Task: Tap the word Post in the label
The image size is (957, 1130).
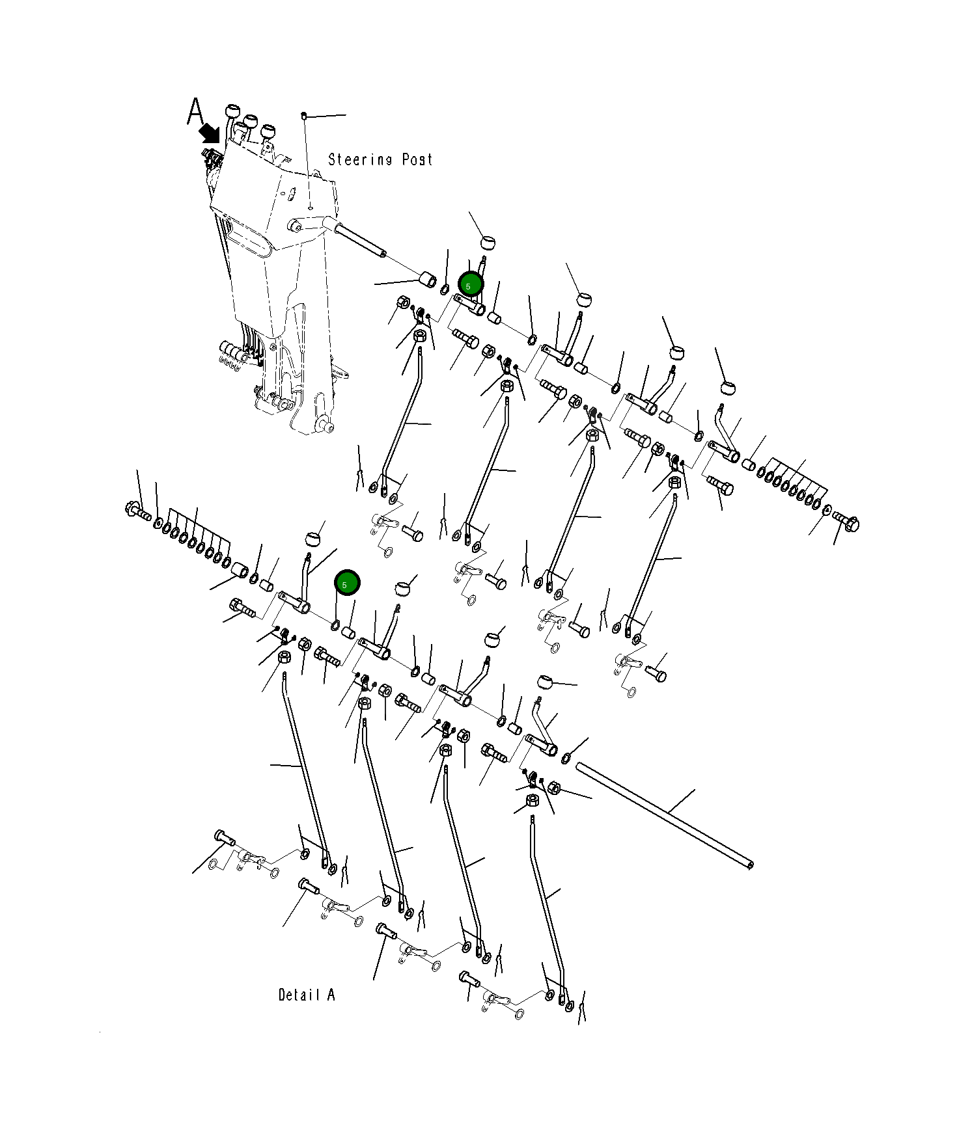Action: [417, 159]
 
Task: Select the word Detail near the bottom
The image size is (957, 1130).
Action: [299, 995]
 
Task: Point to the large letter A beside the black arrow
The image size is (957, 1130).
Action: [195, 111]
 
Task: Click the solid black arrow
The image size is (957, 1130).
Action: [210, 134]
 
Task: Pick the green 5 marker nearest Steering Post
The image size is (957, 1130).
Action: [470, 285]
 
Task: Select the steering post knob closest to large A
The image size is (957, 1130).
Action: [233, 111]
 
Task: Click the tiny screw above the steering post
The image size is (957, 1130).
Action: [304, 116]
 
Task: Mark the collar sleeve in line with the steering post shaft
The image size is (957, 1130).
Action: [427, 280]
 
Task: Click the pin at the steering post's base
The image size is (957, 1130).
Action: [326, 426]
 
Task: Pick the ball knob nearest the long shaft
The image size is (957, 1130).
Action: [545, 682]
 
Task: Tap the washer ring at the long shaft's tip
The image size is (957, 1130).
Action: [566, 757]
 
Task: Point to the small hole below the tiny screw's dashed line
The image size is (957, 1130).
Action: [311, 208]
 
